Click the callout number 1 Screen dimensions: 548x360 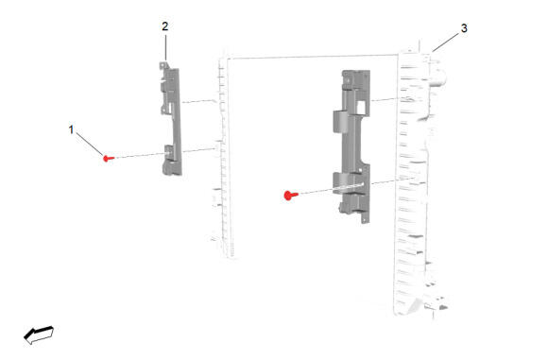pos(71,129)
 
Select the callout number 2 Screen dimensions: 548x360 pos(165,26)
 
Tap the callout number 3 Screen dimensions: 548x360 pos(464,28)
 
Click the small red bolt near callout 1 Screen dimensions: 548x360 pos(109,159)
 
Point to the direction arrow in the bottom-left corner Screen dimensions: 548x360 pos(39,334)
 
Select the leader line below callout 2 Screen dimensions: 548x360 pos(165,47)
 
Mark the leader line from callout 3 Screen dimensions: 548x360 pos(446,43)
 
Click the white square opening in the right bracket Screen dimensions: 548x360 pos(362,107)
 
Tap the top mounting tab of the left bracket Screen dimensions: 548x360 pos(163,65)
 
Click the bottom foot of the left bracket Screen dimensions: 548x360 pos(171,169)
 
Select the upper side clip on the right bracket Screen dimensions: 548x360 pos(339,121)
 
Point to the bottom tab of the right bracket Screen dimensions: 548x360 pos(366,218)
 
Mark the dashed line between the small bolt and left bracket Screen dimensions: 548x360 pos(140,156)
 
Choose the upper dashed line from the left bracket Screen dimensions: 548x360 pos(198,101)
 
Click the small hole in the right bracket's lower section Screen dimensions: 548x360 pos(360,171)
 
